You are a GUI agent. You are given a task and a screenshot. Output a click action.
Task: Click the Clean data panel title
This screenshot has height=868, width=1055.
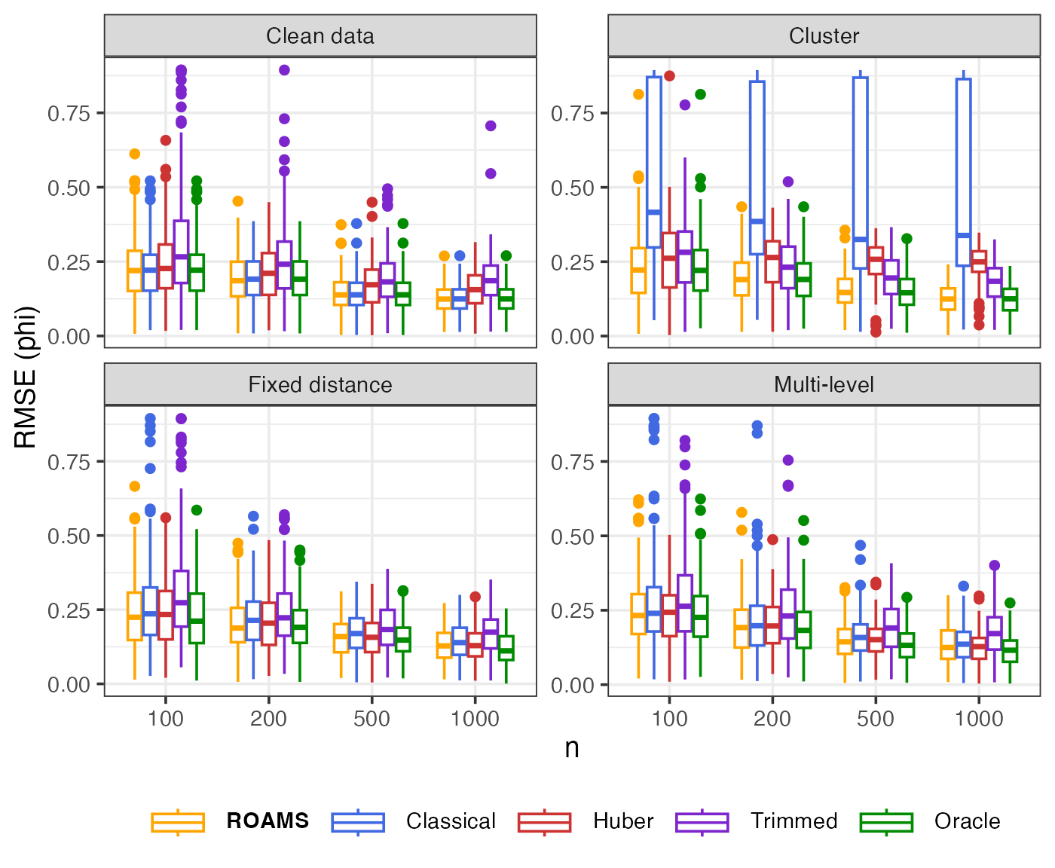click(x=320, y=36)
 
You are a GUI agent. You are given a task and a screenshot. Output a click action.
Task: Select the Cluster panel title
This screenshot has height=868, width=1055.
click(x=824, y=36)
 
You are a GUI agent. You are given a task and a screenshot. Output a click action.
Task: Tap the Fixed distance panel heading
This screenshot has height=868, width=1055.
click(x=320, y=385)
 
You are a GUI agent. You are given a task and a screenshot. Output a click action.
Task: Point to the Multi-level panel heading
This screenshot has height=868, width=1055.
click(x=824, y=385)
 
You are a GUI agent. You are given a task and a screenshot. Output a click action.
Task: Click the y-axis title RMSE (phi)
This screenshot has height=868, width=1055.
click(x=26, y=377)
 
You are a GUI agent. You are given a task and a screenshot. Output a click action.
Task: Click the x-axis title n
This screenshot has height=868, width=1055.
click(x=572, y=747)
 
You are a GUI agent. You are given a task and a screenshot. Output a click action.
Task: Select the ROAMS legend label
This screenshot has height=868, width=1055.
click(x=268, y=821)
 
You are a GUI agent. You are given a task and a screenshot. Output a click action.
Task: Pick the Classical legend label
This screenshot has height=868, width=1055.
click(x=451, y=821)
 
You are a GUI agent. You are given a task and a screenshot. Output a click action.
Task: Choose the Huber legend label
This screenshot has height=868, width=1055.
click(x=623, y=821)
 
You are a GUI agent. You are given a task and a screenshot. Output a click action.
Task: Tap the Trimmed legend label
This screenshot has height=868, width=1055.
click(x=794, y=821)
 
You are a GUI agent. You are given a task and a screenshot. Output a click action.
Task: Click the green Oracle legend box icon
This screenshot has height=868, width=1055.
click(x=886, y=821)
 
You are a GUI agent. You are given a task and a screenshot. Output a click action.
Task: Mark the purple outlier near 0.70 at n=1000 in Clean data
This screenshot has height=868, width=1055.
click(x=491, y=126)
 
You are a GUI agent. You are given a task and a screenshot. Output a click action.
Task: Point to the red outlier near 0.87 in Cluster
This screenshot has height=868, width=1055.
click(x=669, y=76)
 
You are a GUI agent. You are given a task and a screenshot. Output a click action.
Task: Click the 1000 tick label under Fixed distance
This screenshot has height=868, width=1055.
click(x=475, y=719)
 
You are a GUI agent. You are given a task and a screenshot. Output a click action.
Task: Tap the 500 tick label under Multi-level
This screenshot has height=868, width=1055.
click(x=875, y=719)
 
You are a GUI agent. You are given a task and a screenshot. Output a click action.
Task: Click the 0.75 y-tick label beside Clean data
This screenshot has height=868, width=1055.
click(x=69, y=113)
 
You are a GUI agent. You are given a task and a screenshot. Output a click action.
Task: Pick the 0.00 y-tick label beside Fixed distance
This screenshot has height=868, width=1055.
click(x=69, y=685)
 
